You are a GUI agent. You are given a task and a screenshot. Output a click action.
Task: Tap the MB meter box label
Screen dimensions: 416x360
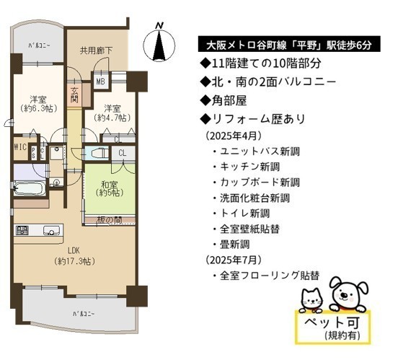[100, 81]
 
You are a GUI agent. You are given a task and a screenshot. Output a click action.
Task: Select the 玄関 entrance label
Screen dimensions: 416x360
[74, 95]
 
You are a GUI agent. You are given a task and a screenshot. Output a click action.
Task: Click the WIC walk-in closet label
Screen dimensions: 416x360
[20, 147]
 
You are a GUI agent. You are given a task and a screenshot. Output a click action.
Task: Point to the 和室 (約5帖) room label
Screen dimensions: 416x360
[110, 188]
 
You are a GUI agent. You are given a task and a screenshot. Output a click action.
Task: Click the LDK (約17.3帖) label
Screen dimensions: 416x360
[74, 256]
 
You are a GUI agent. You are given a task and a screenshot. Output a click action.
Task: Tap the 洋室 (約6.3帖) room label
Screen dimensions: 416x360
[38, 104]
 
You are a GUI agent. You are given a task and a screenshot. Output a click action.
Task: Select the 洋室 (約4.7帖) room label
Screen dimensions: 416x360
[112, 113]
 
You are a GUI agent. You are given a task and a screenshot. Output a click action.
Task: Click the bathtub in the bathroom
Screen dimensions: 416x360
[28, 188]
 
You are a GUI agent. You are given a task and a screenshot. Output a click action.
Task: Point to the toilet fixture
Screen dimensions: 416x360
[99, 153]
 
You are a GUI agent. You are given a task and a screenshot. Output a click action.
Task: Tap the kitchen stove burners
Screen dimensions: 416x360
[22, 230]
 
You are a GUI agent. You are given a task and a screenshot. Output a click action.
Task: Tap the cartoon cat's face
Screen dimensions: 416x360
[312, 299]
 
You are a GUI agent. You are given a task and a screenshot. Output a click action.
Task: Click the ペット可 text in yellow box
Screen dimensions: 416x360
[332, 322]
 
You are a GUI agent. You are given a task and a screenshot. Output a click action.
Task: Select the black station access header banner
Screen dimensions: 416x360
[289, 44]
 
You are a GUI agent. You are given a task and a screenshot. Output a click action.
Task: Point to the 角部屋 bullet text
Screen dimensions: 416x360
[224, 100]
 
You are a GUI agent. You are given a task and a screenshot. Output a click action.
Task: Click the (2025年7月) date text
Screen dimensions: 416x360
[234, 260]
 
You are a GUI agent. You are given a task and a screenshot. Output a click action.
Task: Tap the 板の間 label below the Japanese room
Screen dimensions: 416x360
[110, 220]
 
